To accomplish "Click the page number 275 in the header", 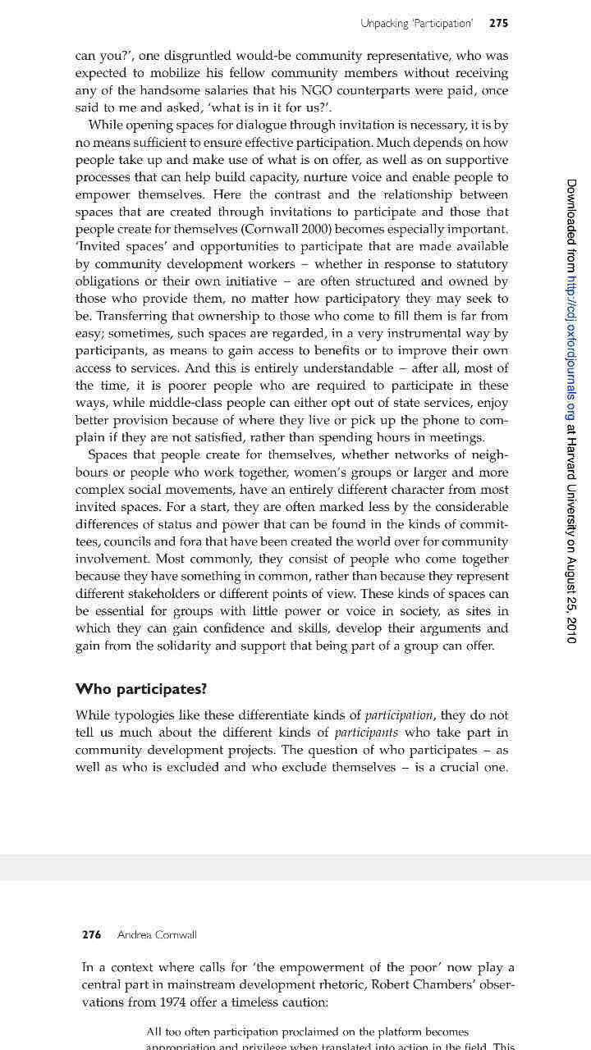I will click(x=498, y=24).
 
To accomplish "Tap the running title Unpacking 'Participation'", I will click(x=416, y=24).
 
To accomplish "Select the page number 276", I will click(x=92, y=934).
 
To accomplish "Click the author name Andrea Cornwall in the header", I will click(x=157, y=934).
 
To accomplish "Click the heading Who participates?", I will click(x=141, y=688).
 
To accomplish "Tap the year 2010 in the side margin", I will click(x=571, y=628).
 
